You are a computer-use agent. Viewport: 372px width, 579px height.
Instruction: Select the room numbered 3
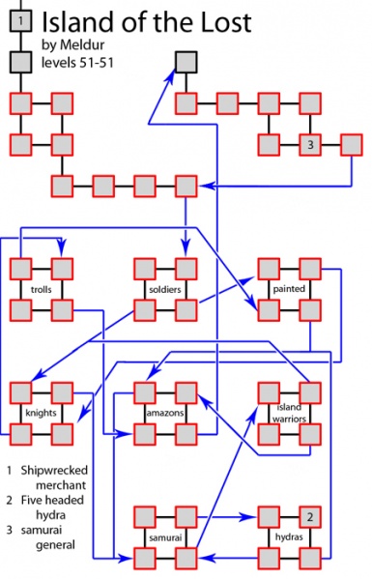click(309, 145)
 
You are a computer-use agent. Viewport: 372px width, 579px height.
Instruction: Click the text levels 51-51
click(78, 63)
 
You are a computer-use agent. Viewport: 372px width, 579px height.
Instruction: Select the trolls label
click(40, 289)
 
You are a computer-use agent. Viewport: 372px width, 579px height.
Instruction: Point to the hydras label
click(288, 536)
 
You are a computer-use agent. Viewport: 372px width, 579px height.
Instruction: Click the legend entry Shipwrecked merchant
click(54, 478)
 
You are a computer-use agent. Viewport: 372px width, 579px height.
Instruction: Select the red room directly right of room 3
click(351, 145)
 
